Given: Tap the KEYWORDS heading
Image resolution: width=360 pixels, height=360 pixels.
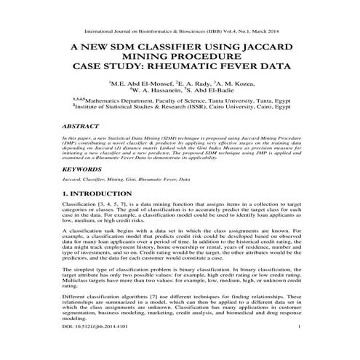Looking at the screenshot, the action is point(82,168).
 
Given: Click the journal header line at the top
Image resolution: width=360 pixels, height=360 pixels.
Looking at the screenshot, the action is point(180,31).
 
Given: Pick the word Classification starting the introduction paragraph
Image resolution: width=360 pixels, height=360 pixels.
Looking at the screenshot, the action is point(81,207).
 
